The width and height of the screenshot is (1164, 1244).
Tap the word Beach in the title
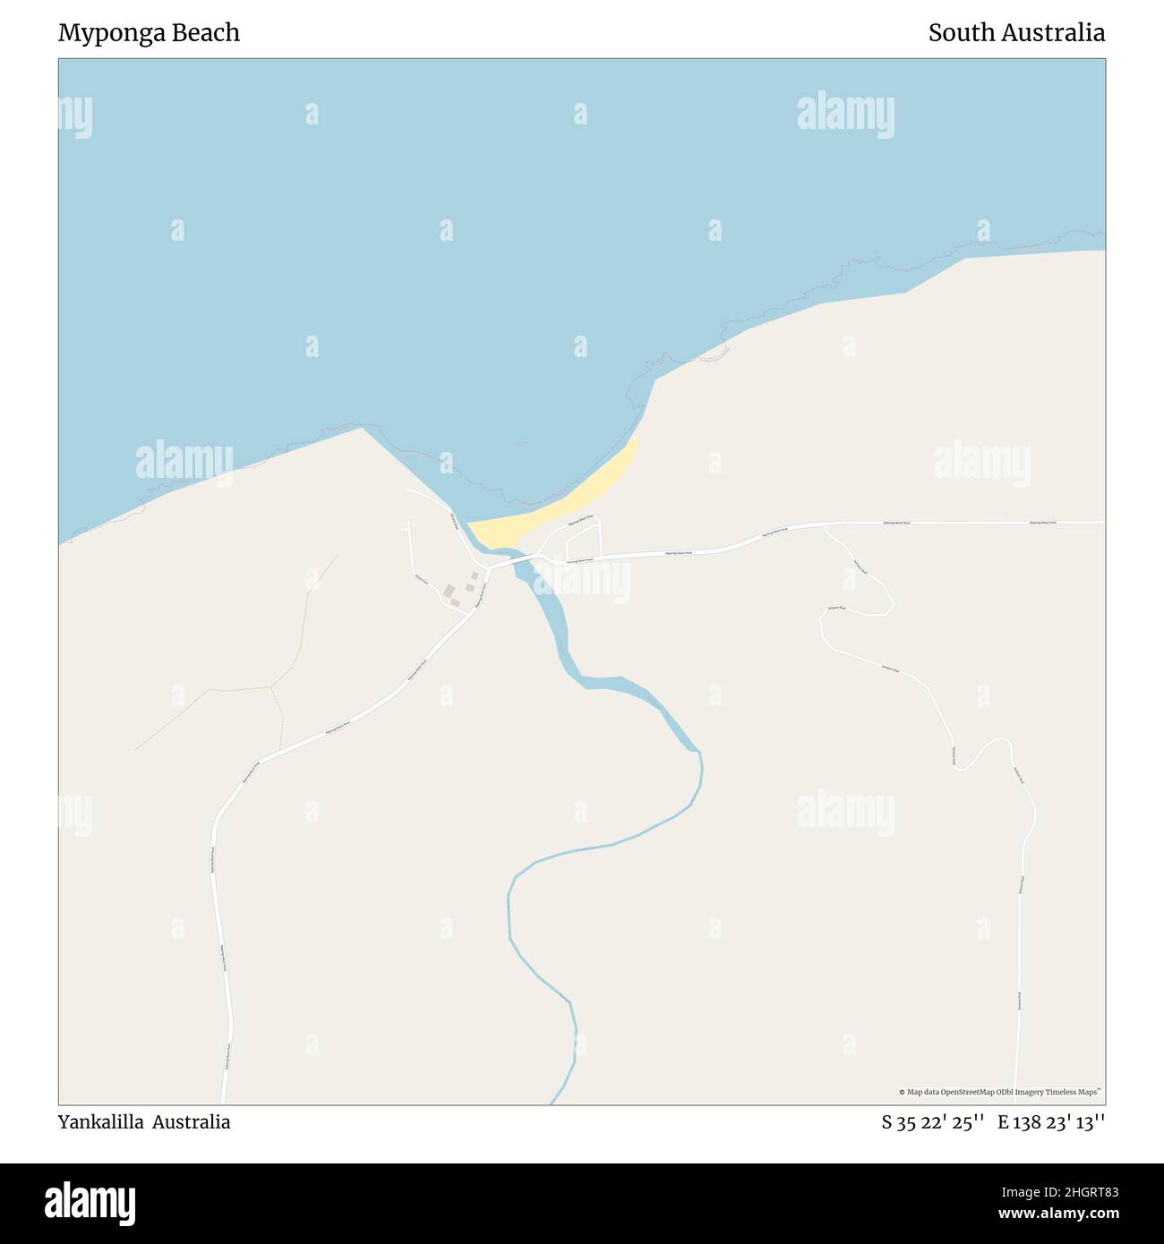[208, 33]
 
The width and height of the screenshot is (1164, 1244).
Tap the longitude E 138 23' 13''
[1051, 1122]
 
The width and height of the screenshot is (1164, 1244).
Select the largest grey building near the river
[449, 591]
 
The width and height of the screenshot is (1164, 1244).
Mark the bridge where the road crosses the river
[517, 563]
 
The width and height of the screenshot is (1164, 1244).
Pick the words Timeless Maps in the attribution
[1075, 1092]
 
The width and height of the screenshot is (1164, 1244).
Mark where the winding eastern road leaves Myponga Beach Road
[824, 525]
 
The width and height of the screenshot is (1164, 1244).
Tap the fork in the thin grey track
[271, 687]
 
